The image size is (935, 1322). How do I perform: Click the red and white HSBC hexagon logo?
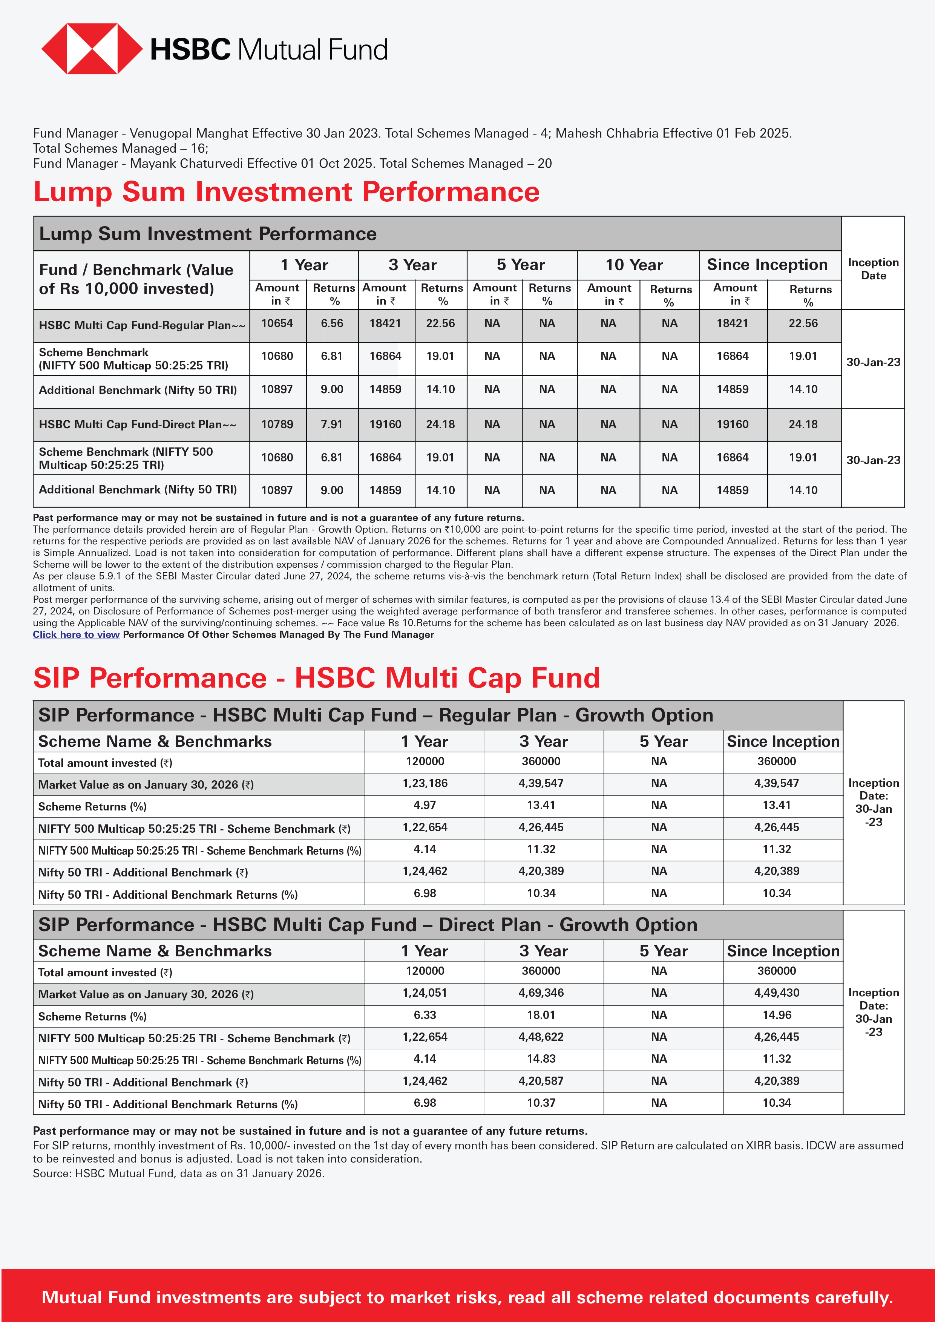[92, 49]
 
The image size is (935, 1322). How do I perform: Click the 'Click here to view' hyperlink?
[76, 634]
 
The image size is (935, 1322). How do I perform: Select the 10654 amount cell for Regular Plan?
[277, 323]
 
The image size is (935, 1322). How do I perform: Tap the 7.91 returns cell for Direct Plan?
[332, 424]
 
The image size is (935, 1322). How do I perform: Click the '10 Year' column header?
[633, 265]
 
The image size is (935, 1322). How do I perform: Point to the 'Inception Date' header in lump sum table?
[873, 268]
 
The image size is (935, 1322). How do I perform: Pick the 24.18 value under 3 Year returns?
[440, 424]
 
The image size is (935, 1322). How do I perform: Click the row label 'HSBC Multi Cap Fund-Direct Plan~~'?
[138, 424]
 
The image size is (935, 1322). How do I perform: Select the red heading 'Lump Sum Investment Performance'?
[286, 192]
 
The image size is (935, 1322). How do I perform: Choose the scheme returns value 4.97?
[425, 805]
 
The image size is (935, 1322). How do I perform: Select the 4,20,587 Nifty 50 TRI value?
[541, 1081]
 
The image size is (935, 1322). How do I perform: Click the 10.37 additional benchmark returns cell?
[541, 1103]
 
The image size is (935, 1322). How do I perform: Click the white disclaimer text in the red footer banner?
[467, 1297]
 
